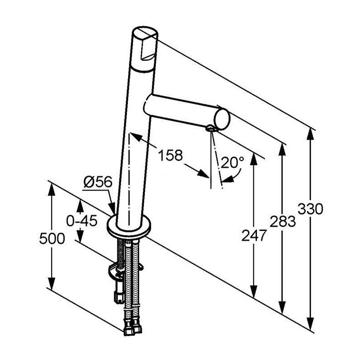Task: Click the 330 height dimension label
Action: pos(310,209)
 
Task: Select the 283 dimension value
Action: pos(283,221)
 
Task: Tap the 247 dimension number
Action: pos(254,235)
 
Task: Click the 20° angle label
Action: pos(232,162)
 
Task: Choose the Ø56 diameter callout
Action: pos(98,183)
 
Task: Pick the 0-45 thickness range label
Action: pos(82,221)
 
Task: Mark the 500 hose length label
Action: pos(52,238)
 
